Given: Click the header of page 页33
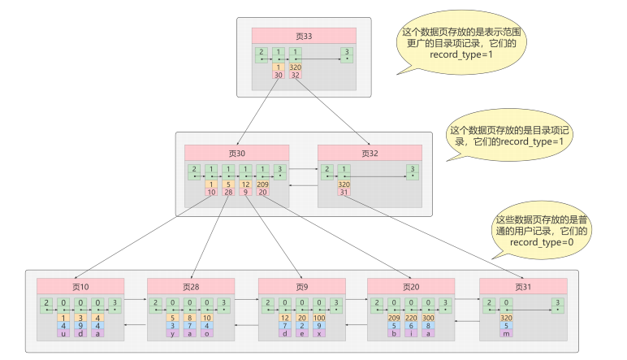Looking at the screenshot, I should tap(304, 36).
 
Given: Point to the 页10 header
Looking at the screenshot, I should tap(80, 286).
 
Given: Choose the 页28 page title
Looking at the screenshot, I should tap(190, 286).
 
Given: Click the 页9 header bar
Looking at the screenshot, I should tap(301, 286).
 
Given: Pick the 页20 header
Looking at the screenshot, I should tap(410, 286).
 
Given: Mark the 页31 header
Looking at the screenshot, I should tap(522, 286).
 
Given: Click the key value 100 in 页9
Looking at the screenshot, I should tap(320, 318).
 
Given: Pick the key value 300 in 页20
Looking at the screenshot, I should tap(429, 318).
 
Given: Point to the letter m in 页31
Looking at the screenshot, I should tap(505, 333).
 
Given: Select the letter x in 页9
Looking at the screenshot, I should tap(320, 333).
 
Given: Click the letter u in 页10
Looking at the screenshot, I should tap(63, 333).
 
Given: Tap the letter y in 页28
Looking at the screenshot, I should tap(173, 333).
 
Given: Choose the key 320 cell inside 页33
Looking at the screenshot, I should tap(296, 67).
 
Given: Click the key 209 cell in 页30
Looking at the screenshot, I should tap(262, 184).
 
